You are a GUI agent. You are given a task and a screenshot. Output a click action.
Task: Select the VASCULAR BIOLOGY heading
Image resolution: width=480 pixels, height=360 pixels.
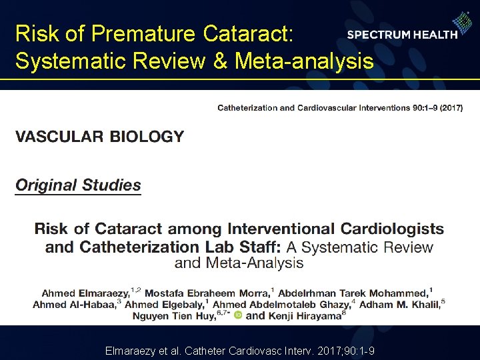[99, 137]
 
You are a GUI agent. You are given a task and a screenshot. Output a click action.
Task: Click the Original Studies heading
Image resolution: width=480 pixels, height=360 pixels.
[78, 185]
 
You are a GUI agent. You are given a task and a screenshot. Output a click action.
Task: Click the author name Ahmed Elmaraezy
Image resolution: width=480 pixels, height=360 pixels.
[85, 293]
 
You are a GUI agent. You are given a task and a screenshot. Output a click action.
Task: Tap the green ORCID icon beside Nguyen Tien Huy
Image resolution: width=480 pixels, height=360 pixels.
[238, 315]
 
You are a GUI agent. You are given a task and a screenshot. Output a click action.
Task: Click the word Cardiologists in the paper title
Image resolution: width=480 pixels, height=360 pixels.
[392, 229]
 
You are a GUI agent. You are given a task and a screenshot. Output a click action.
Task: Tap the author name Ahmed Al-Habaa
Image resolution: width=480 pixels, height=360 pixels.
[74, 304]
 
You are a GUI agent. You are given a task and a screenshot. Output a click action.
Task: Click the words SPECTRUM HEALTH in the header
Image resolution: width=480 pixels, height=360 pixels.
[402, 35]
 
